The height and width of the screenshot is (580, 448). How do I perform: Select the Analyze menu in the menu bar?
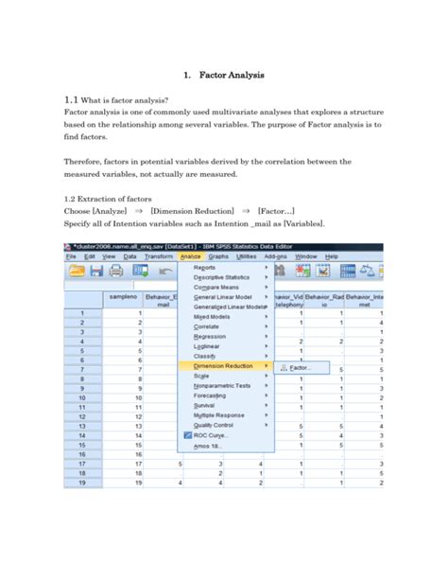[192, 256]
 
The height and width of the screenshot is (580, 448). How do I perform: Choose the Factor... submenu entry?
[300, 366]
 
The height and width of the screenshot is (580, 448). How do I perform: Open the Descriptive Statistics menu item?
[223, 276]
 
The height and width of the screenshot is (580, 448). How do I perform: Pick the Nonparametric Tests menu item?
[223, 386]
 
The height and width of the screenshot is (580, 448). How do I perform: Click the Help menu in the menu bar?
[331, 256]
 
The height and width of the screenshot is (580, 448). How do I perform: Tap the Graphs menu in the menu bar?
[218, 256]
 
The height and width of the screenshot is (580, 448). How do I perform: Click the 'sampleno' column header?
[122, 298]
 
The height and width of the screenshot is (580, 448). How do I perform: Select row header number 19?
[81, 483]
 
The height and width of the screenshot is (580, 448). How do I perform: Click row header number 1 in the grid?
[81, 312]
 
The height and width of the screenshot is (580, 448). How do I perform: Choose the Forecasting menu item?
[214, 397]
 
